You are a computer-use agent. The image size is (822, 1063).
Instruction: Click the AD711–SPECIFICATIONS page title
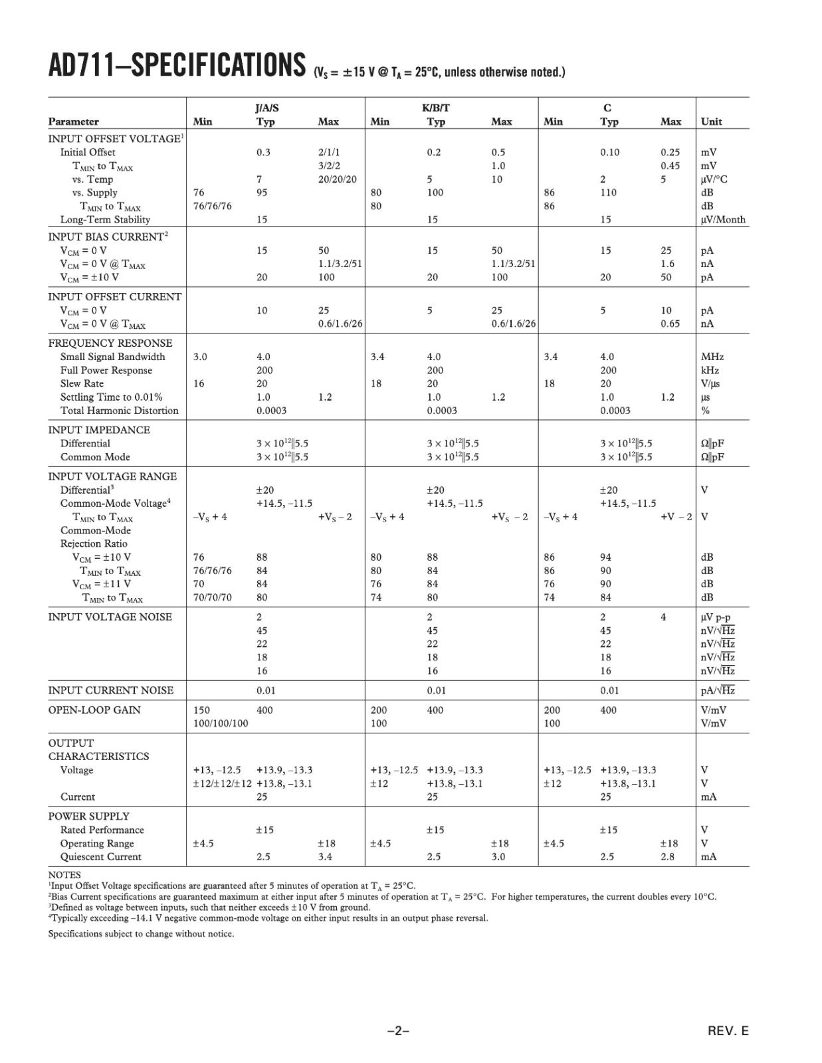coord(176,65)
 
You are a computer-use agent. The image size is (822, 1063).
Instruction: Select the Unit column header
coord(711,122)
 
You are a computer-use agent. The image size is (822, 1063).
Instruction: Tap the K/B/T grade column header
coord(436,108)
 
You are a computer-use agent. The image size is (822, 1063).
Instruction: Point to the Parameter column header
coord(73,122)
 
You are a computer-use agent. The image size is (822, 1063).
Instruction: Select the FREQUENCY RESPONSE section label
coord(110,343)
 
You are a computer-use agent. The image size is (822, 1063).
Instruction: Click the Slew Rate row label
coord(82,383)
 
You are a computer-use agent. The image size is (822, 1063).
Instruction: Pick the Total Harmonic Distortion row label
coord(120,411)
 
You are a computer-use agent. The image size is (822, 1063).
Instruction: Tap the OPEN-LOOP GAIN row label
coord(94,710)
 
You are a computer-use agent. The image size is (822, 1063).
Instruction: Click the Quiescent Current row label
coord(101,856)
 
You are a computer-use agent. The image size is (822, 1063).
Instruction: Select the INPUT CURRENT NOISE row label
coord(111,690)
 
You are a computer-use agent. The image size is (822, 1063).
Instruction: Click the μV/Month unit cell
coord(723,219)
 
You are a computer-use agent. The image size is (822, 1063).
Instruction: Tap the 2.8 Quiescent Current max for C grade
coord(667,856)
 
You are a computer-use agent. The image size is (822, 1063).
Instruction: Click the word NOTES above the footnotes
coord(64,875)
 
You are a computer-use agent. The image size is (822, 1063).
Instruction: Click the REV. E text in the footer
coord(728,1031)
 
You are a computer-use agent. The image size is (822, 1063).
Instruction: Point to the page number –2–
coord(398,1031)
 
